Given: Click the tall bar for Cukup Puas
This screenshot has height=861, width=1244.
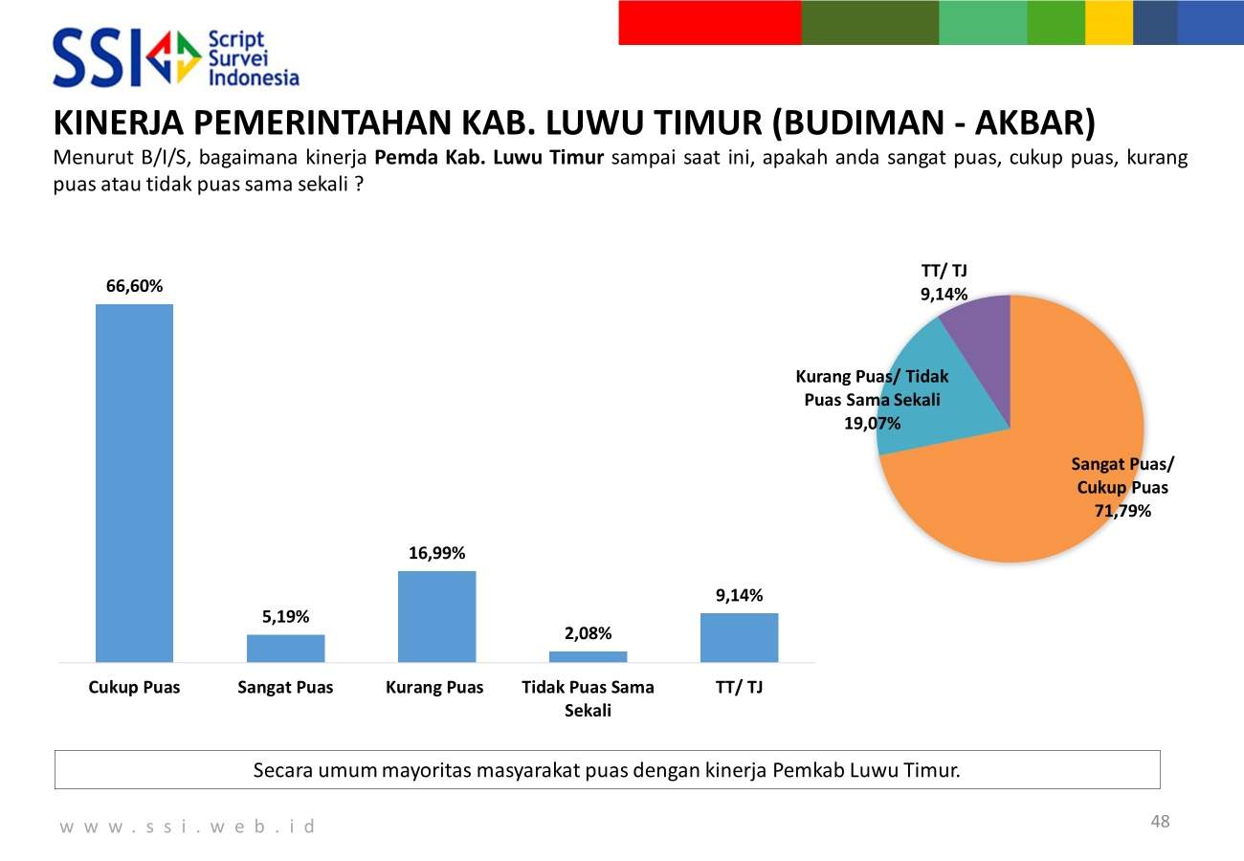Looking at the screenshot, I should tap(134, 483).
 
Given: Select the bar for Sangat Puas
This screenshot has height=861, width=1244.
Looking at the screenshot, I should tap(285, 648).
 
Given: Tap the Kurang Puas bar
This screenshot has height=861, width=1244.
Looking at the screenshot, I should tap(436, 616).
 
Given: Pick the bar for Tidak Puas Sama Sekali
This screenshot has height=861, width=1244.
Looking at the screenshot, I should tap(588, 656).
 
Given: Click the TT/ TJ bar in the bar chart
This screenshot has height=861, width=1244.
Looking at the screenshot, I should tap(739, 637).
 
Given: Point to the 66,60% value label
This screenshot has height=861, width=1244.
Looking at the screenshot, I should tap(134, 286).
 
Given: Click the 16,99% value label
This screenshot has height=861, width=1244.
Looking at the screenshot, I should tap(436, 553).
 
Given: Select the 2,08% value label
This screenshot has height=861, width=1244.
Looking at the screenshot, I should tap(588, 633).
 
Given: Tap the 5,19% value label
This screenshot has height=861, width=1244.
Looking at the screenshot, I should tap(285, 617).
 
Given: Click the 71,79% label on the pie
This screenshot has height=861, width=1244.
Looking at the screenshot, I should tap(1122, 511).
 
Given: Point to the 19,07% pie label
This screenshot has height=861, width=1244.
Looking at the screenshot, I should tap(872, 423).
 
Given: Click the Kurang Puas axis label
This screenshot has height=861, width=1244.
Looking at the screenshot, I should tap(434, 687).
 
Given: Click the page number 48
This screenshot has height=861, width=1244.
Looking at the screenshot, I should tap(1160, 822).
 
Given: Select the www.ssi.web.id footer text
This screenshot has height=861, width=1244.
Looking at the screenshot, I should tap(188, 826).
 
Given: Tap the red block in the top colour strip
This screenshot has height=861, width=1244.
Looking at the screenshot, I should tap(709, 22).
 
